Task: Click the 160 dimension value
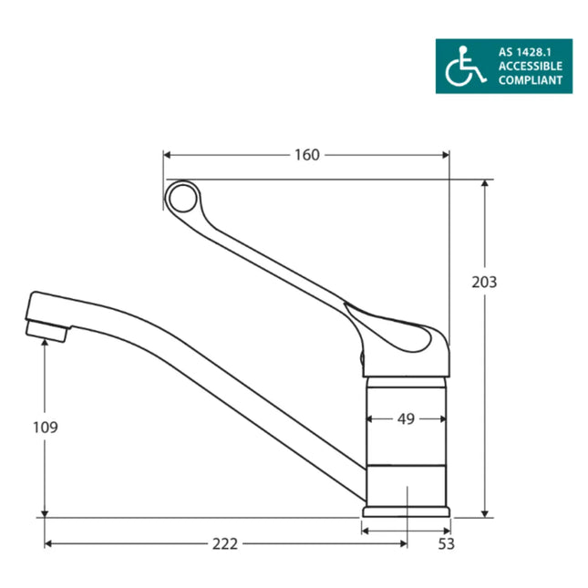306,155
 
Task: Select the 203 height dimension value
484,282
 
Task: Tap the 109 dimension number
45,427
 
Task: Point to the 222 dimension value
224,543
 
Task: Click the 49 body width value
406,419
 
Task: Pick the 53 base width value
446,544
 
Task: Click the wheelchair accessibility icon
465,66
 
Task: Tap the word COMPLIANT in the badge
530,80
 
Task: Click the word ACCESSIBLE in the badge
530,67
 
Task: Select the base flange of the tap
407,511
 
